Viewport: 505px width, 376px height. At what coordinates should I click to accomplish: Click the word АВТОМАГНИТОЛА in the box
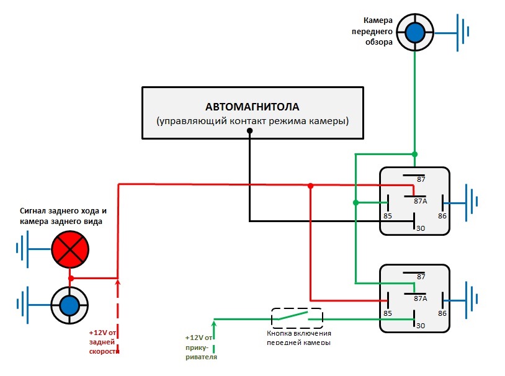(252, 106)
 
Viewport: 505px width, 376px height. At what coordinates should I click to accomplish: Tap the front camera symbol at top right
(414, 32)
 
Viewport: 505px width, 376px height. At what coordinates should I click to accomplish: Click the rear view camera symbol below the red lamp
(69, 305)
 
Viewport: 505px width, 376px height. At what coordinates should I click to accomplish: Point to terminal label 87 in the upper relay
(421, 180)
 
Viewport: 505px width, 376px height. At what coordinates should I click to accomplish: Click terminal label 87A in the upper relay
(421, 200)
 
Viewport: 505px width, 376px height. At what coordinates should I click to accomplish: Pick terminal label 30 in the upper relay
(421, 228)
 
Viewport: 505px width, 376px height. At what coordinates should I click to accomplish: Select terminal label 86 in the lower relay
(442, 314)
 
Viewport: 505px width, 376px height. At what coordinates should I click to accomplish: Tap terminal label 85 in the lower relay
(388, 314)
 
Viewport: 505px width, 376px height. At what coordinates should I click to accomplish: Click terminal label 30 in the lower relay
(421, 326)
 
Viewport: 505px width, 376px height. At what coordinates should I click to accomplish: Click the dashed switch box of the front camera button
(297, 318)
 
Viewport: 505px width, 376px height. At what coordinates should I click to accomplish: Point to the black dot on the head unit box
(249, 131)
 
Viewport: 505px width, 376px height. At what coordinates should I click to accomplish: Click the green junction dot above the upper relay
(414, 154)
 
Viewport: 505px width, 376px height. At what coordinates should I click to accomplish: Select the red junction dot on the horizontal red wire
(310, 185)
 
